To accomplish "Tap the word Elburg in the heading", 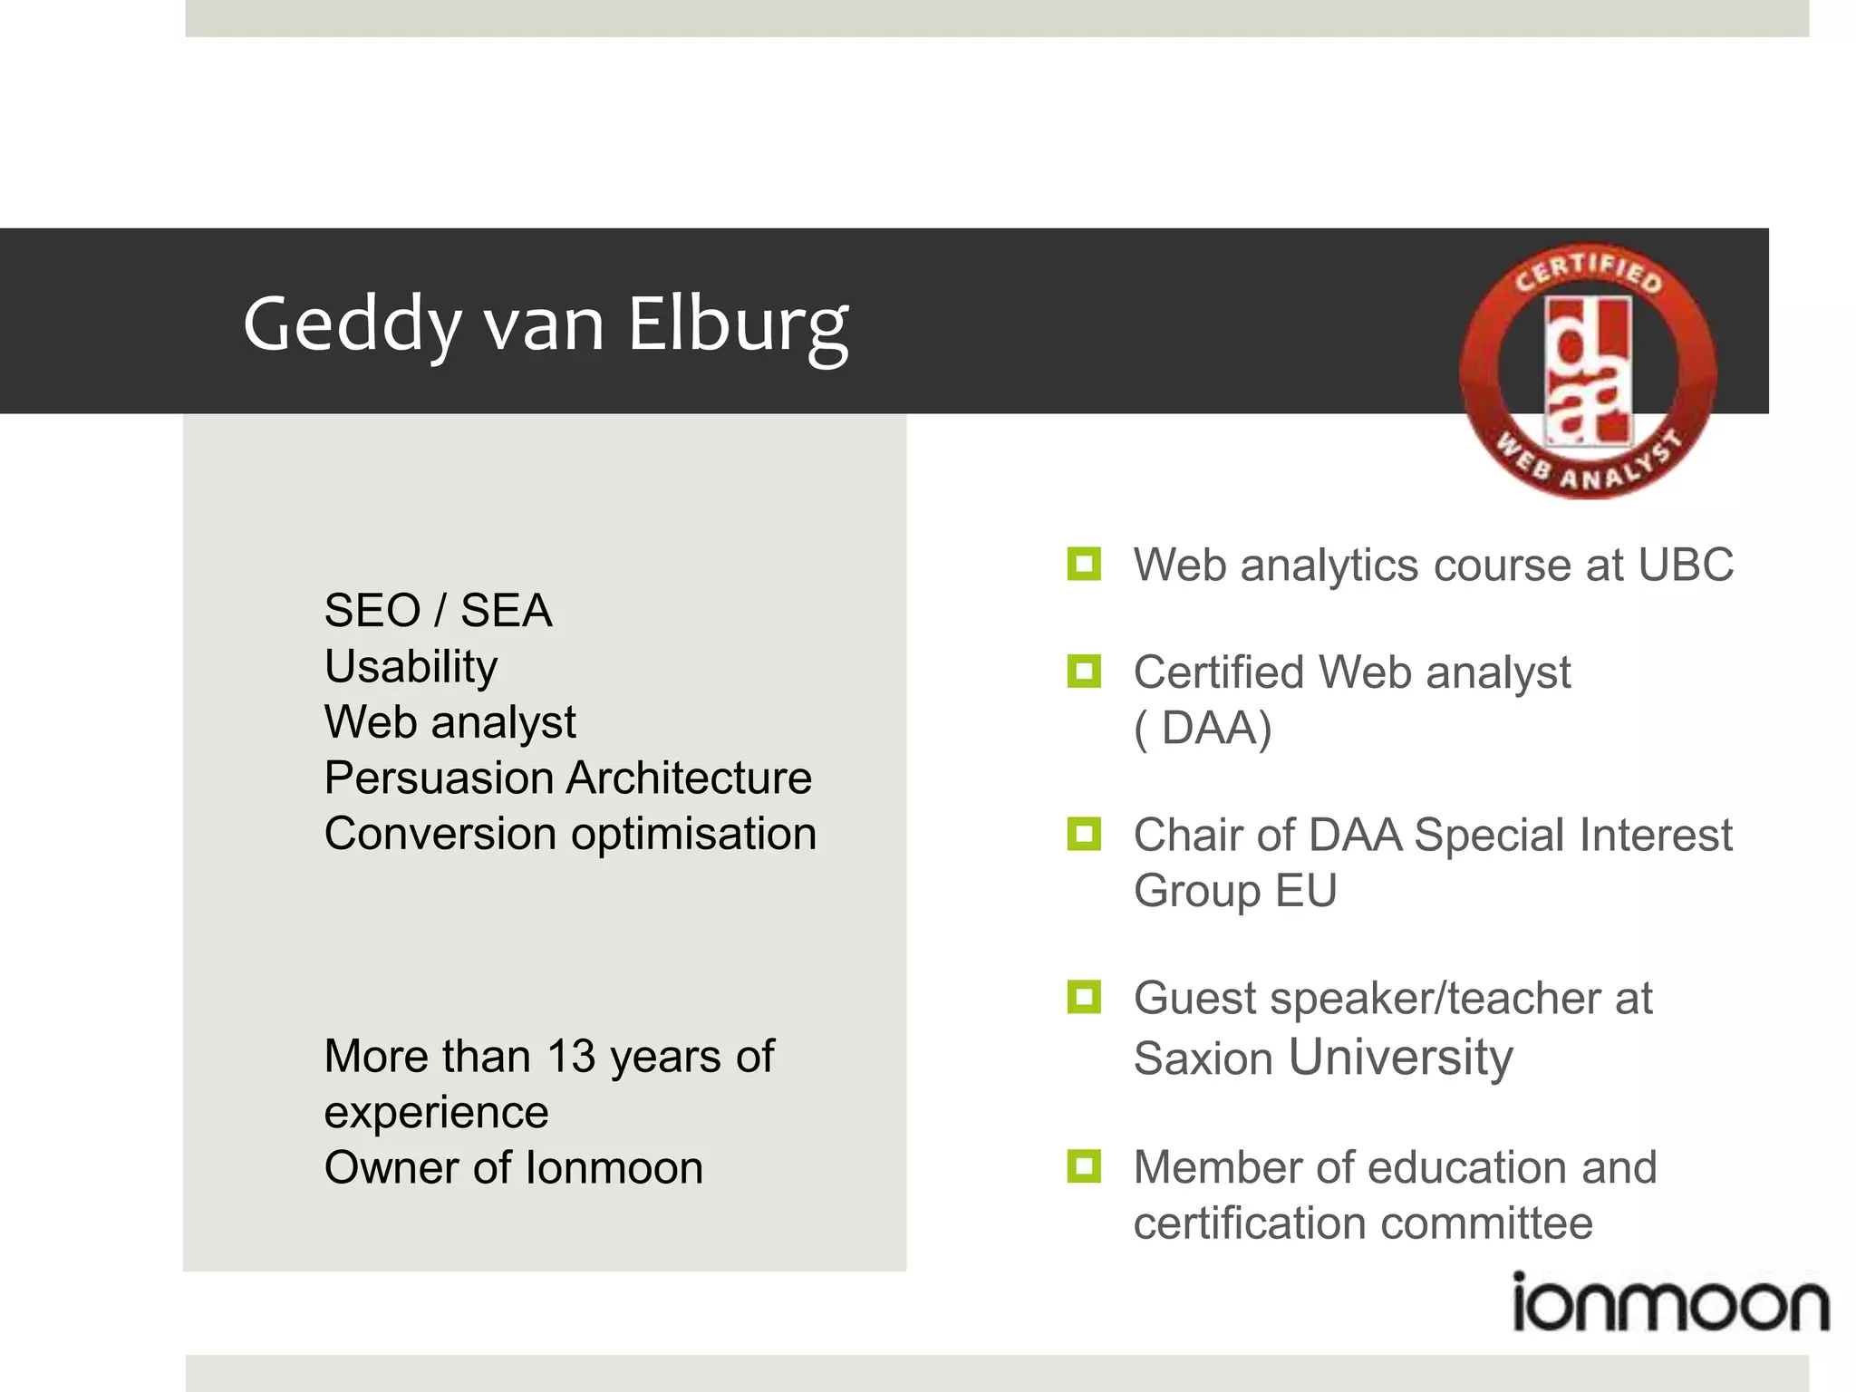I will [738, 326].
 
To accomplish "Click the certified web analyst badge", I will [1588, 371].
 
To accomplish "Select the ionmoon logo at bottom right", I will [1670, 1303].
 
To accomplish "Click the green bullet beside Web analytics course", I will [1084, 564].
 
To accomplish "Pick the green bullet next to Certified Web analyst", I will [1084, 672].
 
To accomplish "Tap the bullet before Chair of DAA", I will [1084, 834].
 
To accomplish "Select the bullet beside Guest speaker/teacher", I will [1084, 997].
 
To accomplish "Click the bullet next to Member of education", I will [1084, 1166].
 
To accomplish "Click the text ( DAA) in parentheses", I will [1203, 728].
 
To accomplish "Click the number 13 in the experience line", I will [571, 1056].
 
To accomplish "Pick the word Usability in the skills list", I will [411, 667].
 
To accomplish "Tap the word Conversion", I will [440, 834].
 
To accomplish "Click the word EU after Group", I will [1306, 890].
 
